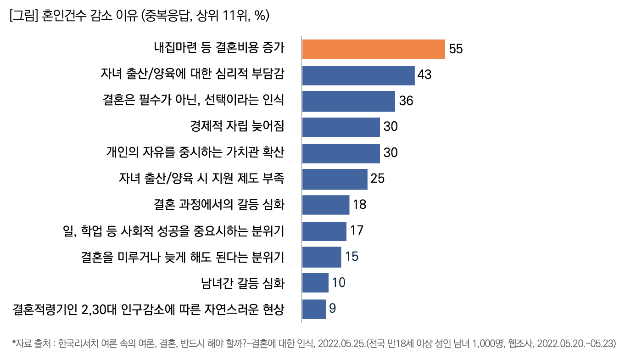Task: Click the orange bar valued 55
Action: pyautogui.click(x=374, y=49)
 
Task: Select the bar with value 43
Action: pyautogui.click(x=358, y=75)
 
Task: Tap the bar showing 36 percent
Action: pyautogui.click(x=349, y=101)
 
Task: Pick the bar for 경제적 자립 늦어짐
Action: pyautogui.click(x=341, y=127)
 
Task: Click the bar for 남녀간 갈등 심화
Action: pyautogui.click(x=315, y=283)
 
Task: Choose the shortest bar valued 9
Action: pyautogui.click(x=314, y=309)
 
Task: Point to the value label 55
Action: pyautogui.click(x=456, y=49)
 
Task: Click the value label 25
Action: pyautogui.click(x=377, y=179)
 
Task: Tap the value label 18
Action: pyautogui.click(x=359, y=205)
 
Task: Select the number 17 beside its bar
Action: pyautogui.click(x=357, y=231)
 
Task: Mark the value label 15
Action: pyautogui.click(x=352, y=257)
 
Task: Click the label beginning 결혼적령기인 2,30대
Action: pyautogui.click(x=148, y=309)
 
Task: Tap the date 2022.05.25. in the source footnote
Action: pyautogui.click(x=340, y=343)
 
